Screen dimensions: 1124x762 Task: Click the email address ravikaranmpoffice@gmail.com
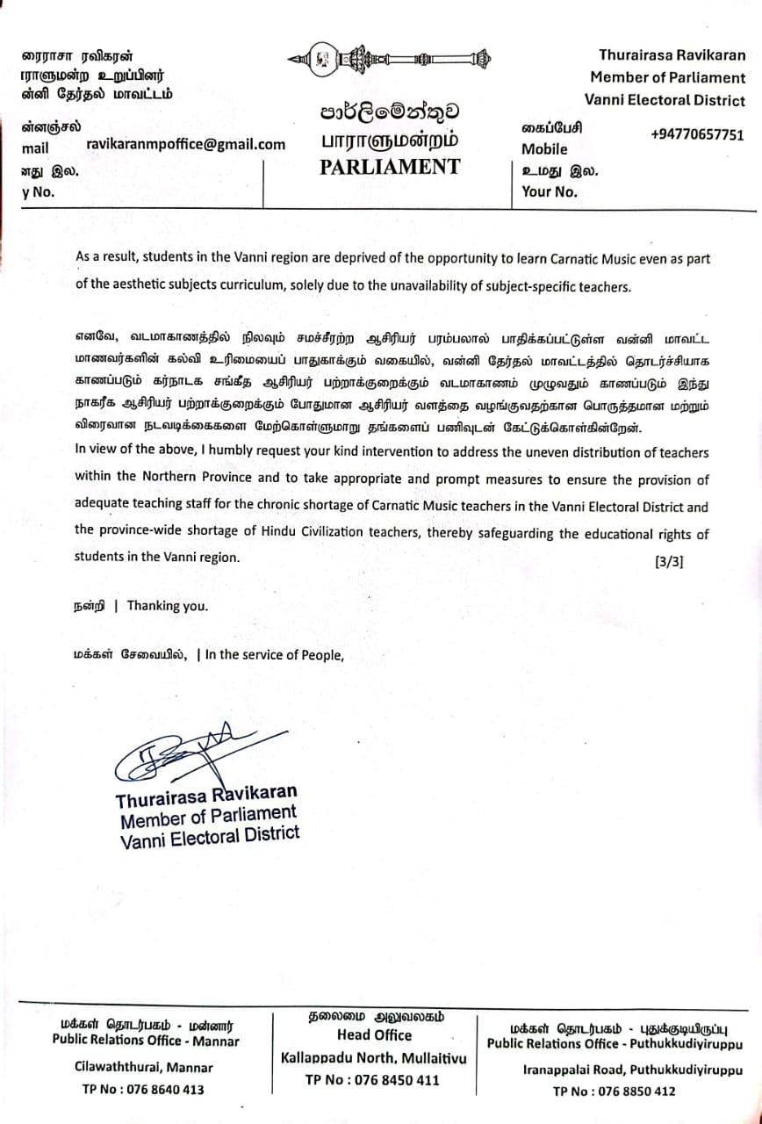(186, 145)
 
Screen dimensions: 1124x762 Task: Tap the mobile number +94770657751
(697, 134)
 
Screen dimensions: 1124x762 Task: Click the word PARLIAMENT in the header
(389, 167)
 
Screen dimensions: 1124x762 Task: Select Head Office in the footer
(374, 1034)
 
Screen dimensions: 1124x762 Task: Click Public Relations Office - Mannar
(146, 1041)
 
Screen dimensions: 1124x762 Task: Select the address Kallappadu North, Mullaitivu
(374, 1058)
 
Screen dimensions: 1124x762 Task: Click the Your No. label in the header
(550, 192)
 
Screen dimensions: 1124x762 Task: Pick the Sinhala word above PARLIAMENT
(389, 112)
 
